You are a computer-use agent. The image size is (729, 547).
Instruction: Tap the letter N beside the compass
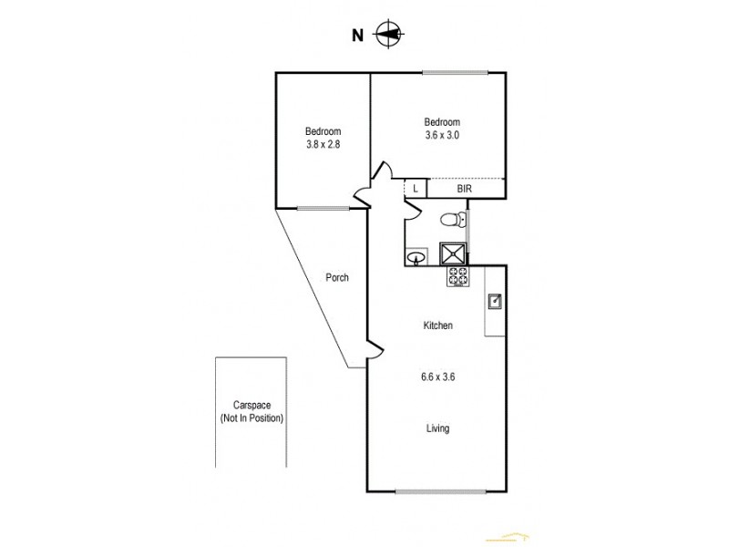pos(358,36)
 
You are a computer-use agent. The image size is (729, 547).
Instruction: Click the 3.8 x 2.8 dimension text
pos(323,144)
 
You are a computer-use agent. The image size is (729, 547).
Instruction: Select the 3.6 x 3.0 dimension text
pos(442,135)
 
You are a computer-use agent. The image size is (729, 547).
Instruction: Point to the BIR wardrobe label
pos(465,189)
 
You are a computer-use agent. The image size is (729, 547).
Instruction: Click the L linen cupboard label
pos(416,189)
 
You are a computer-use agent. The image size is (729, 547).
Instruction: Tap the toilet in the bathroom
pos(449,219)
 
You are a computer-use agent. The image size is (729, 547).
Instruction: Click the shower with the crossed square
pos(453,253)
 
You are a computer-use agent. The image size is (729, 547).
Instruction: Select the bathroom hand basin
pos(417,257)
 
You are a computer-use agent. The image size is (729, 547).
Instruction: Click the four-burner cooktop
pos(457,277)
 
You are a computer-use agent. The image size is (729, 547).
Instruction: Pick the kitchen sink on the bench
pos(493,300)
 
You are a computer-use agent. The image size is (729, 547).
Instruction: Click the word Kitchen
pos(437,325)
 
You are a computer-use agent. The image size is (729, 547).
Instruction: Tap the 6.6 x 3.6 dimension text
pos(437,376)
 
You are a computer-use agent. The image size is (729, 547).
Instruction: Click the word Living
pos(437,428)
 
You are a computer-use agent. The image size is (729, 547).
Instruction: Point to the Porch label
pos(338,278)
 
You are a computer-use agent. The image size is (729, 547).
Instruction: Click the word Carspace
pos(252,406)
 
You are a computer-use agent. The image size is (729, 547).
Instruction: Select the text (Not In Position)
pos(252,418)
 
